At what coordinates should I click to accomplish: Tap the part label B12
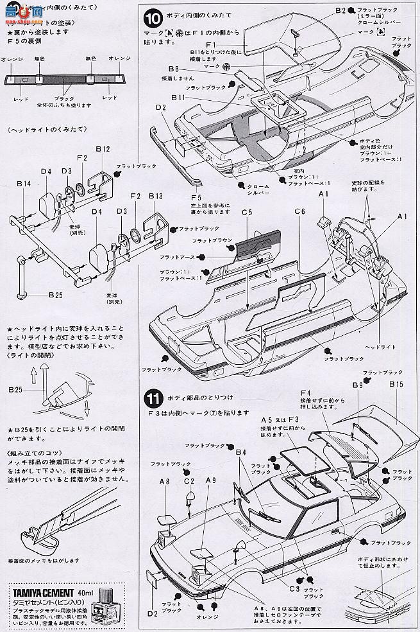click(103, 149)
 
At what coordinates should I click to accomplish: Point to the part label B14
click(23, 184)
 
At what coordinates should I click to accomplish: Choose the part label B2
click(358, 11)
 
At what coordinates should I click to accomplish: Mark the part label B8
click(173, 68)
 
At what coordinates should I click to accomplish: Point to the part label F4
click(305, 393)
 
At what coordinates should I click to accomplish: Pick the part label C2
click(189, 480)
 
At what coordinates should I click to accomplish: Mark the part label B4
click(241, 452)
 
